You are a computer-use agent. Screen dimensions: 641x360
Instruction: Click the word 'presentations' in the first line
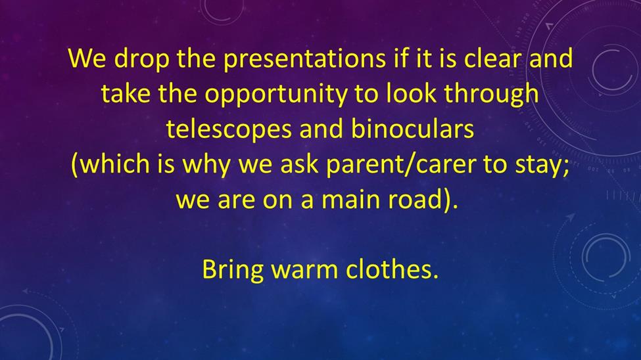tap(304, 59)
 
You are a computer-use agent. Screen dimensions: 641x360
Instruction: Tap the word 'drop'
tap(141, 59)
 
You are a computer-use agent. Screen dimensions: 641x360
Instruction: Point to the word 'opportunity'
tap(275, 95)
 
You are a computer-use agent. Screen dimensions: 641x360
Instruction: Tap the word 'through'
tap(491, 95)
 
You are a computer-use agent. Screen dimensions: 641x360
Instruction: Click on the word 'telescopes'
tap(229, 130)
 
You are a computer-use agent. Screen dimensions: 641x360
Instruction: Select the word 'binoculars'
tap(412, 129)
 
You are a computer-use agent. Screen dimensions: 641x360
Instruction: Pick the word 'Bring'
tap(233, 271)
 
